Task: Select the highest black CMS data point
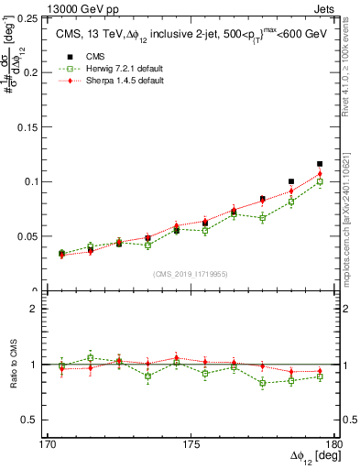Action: click(x=320, y=164)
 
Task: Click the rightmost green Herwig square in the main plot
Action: click(x=320, y=182)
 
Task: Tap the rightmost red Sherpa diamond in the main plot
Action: click(x=320, y=174)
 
